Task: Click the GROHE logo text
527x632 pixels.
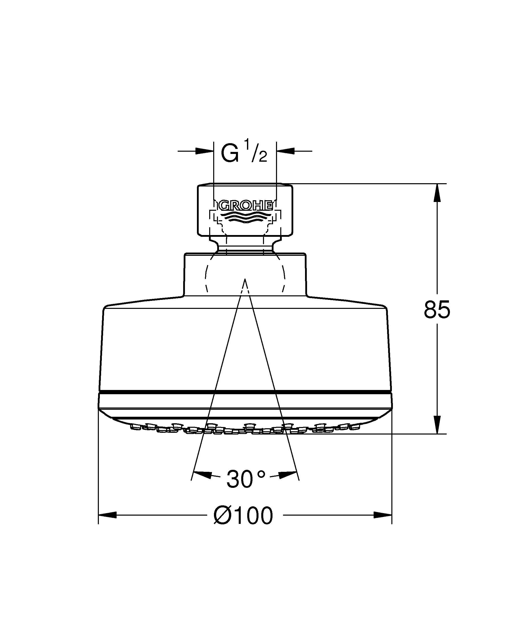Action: [x=245, y=205]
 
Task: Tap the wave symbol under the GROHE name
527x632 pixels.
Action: [x=245, y=217]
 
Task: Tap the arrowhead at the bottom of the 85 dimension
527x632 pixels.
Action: [x=437, y=425]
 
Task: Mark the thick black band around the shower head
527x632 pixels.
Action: [x=245, y=392]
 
